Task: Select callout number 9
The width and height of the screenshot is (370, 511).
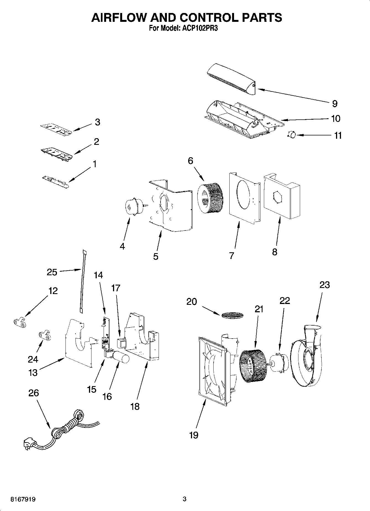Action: (335, 104)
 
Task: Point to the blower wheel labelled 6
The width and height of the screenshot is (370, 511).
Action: (210, 199)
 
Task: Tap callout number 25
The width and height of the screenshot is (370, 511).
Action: (52, 272)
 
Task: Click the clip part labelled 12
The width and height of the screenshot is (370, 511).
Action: (19, 322)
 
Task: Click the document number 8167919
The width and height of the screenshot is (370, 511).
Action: (23, 499)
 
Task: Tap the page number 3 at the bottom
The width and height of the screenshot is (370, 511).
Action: (185, 499)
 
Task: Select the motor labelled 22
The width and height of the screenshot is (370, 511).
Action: (280, 363)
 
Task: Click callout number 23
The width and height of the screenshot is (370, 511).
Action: (325, 285)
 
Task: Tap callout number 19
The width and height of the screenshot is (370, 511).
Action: (194, 435)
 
